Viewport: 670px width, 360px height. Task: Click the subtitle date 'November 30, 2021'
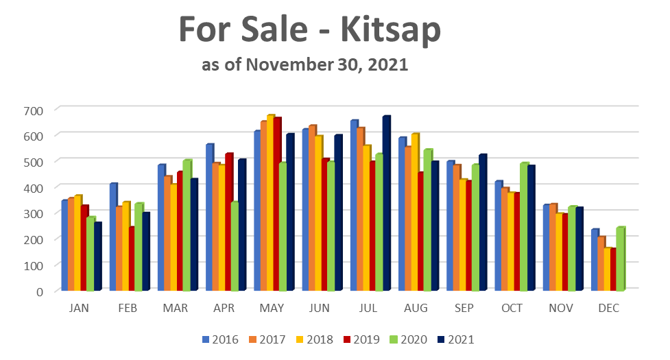[x=326, y=66]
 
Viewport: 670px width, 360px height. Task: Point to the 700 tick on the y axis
[x=34, y=110]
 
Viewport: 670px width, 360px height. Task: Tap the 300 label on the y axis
[x=34, y=213]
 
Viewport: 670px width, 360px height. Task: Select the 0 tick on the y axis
[x=39, y=291]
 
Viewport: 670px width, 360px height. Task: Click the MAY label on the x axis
[x=272, y=309]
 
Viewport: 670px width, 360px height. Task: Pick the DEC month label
[x=608, y=309]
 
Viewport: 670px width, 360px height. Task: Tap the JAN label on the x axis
[x=79, y=309]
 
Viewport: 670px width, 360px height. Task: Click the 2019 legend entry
[x=368, y=339]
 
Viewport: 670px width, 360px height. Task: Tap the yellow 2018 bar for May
[x=270, y=203]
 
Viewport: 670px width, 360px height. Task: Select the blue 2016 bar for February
[x=112, y=237]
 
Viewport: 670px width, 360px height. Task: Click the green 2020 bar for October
[x=523, y=226]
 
